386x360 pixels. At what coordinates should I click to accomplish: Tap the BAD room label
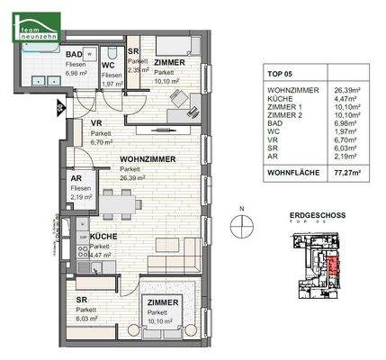pyautogui.click(x=76, y=53)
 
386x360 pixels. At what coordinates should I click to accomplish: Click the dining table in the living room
pyautogui.click(x=118, y=206)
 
